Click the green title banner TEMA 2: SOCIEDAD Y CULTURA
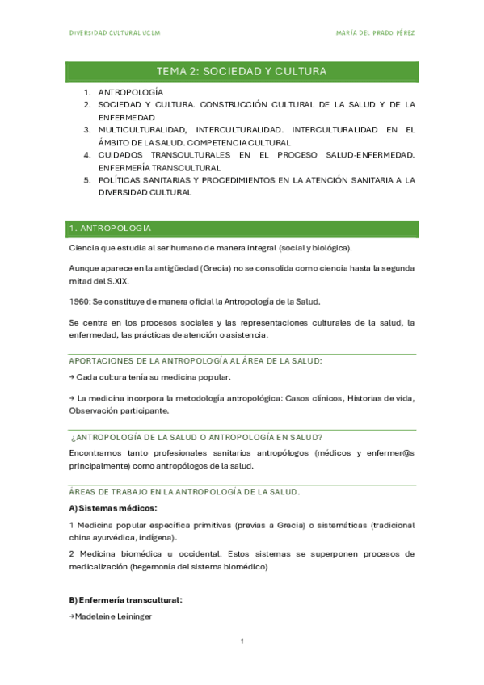pyautogui.click(x=242, y=72)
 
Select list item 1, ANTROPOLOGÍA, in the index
pyautogui.click(x=131, y=93)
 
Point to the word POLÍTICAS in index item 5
pyautogui.click(x=122, y=180)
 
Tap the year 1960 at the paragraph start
pyautogui.click(x=79, y=301)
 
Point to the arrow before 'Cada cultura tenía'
pyautogui.click(x=72, y=377)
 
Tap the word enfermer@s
pyautogui.click(x=391, y=453)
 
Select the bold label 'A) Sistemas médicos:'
pyautogui.click(x=113, y=508)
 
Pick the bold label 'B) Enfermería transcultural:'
pyautogui.click(x=125, y=600)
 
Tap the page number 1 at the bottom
pyautogui.click(x=242, y=641)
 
